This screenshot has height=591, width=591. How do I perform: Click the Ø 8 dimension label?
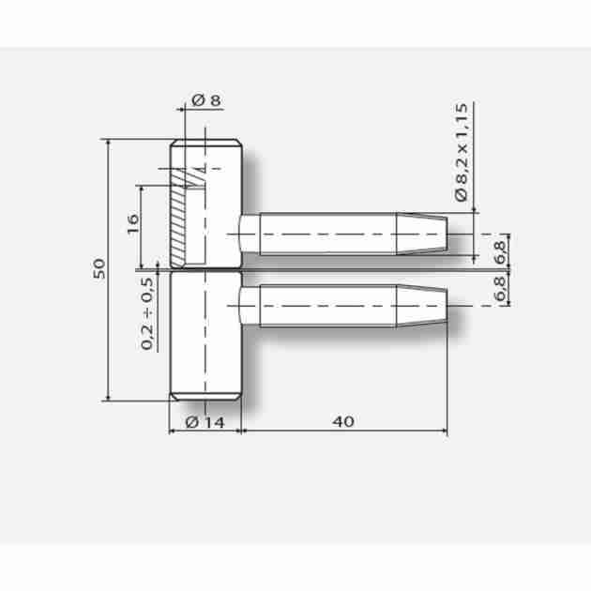point(206,100)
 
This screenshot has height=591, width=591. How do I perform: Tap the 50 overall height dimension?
point(99,268)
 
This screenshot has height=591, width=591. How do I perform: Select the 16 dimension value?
point(132,223)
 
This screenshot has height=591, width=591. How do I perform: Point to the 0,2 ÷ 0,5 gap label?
point(147,313)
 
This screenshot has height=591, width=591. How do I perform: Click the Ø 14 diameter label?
point(205,422)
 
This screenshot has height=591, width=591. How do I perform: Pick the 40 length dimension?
point(343,421)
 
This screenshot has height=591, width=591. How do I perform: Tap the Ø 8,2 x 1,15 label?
point(462,152)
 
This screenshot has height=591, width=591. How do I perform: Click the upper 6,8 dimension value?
point(500,252)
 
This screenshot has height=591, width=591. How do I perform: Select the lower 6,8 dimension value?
point(500,288)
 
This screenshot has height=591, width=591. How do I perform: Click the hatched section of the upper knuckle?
point(178,219)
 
